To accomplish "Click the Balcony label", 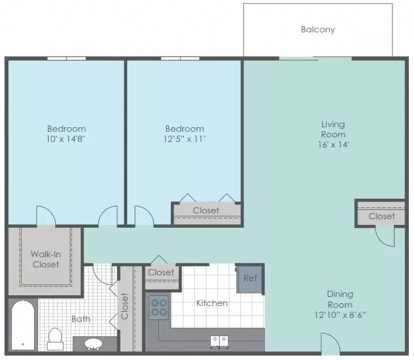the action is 318,30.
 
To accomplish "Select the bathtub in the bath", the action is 23,326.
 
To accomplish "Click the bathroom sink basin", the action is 93,344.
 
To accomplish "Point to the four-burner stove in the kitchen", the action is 158,307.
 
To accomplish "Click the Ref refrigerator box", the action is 250,279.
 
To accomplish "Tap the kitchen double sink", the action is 219,342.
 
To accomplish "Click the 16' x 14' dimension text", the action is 333,145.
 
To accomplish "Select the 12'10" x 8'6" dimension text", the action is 340,315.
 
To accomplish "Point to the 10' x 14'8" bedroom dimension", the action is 66,139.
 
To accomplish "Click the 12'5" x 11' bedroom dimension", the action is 185,139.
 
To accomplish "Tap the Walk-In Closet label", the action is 45,259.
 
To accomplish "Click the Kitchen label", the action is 212,303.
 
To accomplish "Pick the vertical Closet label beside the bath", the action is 124,306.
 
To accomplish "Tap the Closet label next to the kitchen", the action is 161,273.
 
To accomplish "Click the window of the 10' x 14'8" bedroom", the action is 66,58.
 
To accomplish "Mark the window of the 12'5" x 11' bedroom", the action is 181,58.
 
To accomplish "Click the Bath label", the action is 81,319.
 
